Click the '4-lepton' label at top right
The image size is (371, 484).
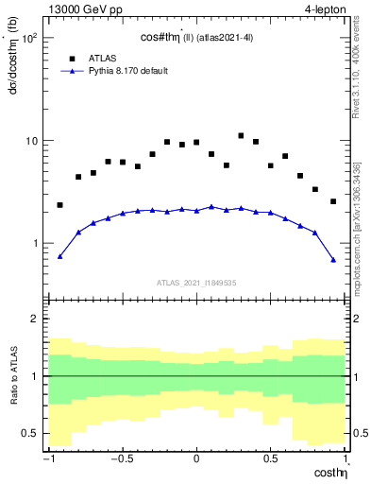pos(326,9)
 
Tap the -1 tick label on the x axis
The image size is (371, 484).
pos(47,460)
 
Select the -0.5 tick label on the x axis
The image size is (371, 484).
pos(121,460)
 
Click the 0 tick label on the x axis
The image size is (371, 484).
pos(196,460)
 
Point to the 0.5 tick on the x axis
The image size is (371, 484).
pos(271,460)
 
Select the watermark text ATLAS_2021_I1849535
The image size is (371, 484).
pos(195,282)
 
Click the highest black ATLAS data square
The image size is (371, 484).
pos(241,136)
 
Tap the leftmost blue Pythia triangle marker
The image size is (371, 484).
pos(60,256)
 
